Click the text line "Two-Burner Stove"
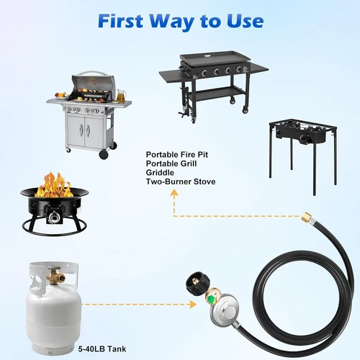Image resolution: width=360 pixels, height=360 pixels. [180, 181]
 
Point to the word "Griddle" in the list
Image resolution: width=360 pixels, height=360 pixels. [160, 172]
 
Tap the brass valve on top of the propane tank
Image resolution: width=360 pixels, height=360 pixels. [53, 273]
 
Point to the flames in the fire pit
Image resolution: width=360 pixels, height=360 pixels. [54, 185]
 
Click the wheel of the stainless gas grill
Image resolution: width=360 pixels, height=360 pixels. [104, 155]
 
